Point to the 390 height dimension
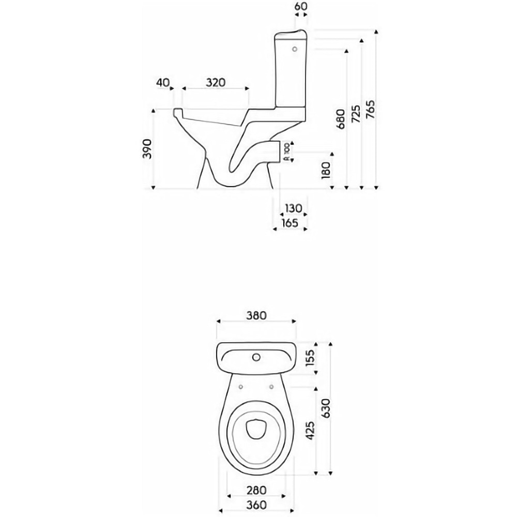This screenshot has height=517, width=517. (x=147, y=149)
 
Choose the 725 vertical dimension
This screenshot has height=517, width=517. (x=356, y=114)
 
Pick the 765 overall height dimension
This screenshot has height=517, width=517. (x=370, y=109)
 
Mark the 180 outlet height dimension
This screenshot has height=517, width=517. (x=325, y=170)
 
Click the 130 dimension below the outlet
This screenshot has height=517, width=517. (x=293, y=208)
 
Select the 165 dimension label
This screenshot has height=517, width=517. (x=290, y=223)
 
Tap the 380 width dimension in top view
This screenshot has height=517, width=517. (x=256, y=315)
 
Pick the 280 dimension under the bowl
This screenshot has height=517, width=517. (x=256, y=490)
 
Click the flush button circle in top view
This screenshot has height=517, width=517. (x=255, y=357)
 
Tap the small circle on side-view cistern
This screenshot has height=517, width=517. (x=295, y=50)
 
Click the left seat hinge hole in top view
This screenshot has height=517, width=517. (x=241, y=386)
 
